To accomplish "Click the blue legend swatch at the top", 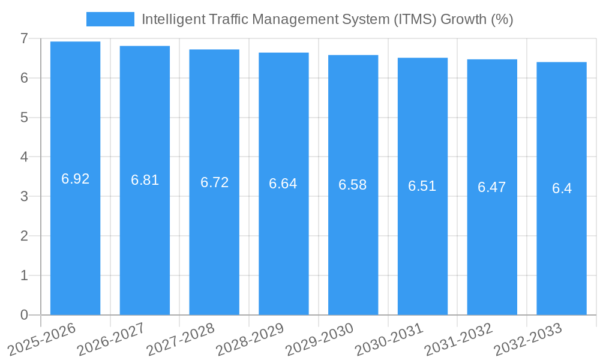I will coord(110,19).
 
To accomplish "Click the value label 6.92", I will coord(76,179).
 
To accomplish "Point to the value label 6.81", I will coord(145,180).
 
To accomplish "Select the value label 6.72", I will coord(214,182).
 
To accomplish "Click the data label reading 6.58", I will coord(353,185).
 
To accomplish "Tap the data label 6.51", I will coord(422,186).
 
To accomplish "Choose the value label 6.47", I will coord(492,187).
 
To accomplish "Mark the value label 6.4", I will coord(562,188).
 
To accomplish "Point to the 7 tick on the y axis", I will coord(24,38).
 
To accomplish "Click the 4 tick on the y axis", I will coord(24,157).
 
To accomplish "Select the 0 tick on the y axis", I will coord(24,315).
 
